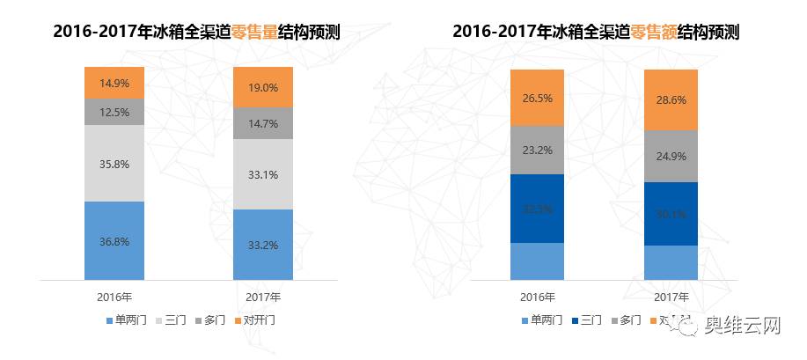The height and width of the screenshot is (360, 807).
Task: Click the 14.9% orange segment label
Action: coord(114,84)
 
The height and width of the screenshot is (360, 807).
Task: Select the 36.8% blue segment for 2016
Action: coord(114,239)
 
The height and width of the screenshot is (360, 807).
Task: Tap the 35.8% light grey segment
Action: coord(114,163)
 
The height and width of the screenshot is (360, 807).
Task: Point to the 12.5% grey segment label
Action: coord(114,112)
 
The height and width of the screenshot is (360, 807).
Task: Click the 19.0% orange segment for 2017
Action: coord(263,87)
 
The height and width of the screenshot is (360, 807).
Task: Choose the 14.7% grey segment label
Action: coord(263,124)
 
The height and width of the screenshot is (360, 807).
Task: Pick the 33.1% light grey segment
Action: coord(263,174)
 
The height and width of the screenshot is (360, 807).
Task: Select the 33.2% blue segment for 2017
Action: coord(263,244)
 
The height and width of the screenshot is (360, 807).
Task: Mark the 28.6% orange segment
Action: coord(671,101)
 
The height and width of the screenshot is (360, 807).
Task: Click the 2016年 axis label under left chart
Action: coord(114,296)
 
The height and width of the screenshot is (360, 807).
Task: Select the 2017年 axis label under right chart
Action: coord(671,297)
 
